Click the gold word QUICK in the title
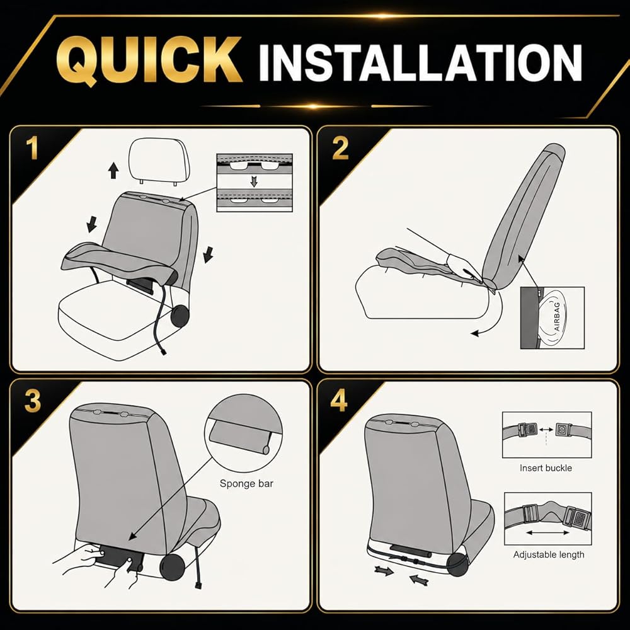coord(149,60)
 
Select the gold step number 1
coord(32,149)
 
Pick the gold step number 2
coord(340,148)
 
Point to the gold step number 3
coord(33,400)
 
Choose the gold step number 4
coord(339,400)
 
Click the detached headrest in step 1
coord(158,161)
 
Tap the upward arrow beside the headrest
coord(113,170)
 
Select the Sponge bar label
coord(246,483)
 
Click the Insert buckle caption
coord(546,467)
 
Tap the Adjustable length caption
coord(549,554)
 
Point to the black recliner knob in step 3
coord(173,566)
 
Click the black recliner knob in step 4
coord(457,564)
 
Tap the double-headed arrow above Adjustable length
coord(547,533)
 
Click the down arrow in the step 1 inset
coord(253,181)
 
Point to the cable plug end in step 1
coord(163,352)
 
